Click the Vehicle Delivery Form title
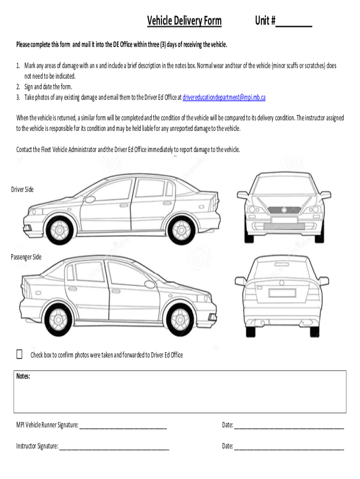click(x=184, y=21)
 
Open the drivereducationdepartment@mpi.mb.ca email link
click(x=224, y=97)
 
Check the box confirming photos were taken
click(x=19, y=354)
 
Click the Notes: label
click(x=23, y=376)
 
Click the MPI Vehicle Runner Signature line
click(x=123, y=427)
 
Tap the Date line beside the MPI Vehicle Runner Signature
click(x=288, y=427)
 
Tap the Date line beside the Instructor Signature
click(x=288, y=448)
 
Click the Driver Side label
click(x=22, y=189)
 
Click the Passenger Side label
click(x=26, y=257)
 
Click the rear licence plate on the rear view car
click(x=282, y=293)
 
